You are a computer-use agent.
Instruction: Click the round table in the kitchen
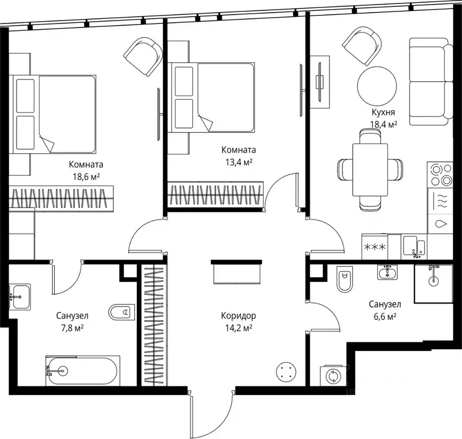377,85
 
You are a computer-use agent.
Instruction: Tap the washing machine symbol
333,376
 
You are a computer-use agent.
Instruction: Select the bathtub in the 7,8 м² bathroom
83,370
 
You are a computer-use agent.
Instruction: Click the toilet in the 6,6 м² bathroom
344,280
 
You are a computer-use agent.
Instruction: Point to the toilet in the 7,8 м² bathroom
122,312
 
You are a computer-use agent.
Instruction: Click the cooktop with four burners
440,174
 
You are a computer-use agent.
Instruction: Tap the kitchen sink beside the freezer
414,246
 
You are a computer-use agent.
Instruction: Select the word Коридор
238,316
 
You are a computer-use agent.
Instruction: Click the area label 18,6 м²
86,176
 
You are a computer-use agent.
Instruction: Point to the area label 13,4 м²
238,162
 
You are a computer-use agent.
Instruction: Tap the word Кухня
383,112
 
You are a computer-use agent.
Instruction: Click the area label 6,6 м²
385,317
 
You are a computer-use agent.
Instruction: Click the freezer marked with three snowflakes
375,247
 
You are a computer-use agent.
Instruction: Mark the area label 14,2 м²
238,328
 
